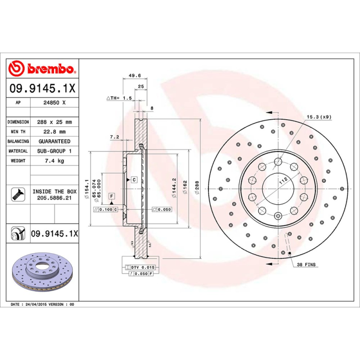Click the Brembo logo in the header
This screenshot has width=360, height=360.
click(42, 69)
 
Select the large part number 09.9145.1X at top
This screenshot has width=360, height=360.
click(42, 89)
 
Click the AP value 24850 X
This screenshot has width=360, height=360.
click(54, 103)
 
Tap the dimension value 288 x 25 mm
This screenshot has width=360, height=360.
click(54, 122)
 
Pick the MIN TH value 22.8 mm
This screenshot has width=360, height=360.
click(54, 132)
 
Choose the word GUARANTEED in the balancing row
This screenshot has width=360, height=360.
click(54, 141)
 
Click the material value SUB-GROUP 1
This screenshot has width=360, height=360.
click(54, 151)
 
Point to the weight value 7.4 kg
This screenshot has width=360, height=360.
click(54, 161)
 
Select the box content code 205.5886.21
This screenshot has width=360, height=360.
click(54, 198)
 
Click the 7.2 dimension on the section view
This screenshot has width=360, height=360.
click(114, 136)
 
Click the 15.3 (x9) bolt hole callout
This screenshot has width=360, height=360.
click(319, 117)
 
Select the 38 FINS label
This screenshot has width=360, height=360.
click(307, 265)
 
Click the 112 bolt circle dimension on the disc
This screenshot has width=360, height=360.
click(283, 181)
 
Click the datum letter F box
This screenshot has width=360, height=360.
click(111, 196)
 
